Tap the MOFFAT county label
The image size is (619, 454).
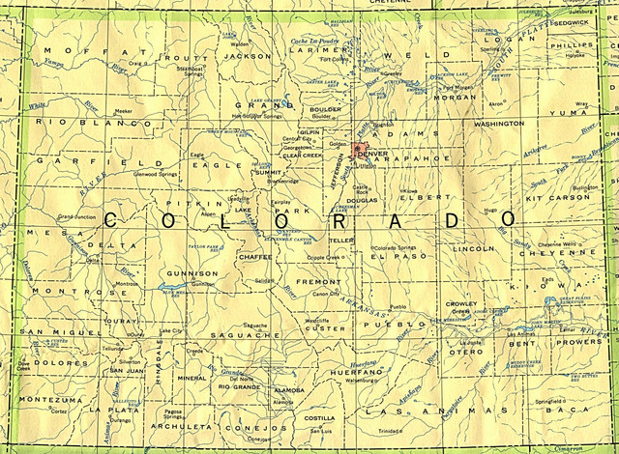pos(81,49)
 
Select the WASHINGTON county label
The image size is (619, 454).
pos(498,125)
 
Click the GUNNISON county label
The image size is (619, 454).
pos(180,275)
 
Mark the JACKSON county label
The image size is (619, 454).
pos(248,56)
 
